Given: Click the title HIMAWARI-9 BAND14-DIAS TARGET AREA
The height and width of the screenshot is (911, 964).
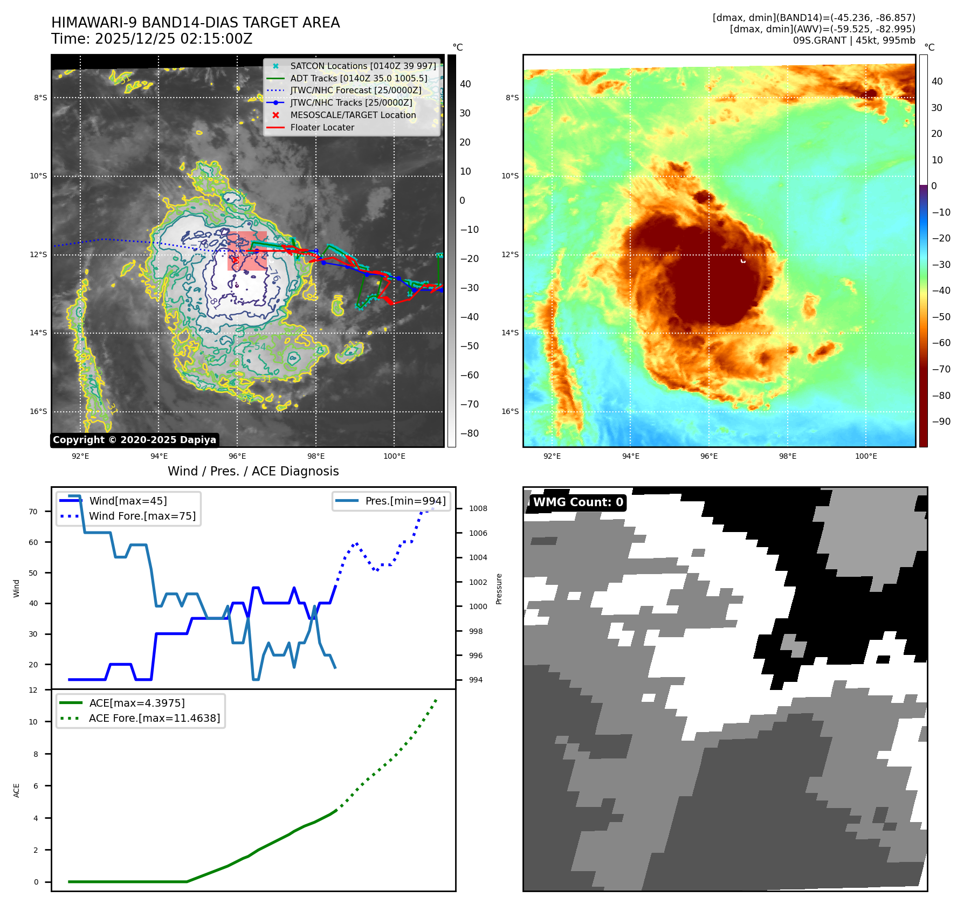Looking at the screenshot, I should pyautogui.click(x=195, y=23).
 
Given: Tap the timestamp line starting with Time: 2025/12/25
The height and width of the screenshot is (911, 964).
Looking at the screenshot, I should pyautogui.click(x=152, y=39).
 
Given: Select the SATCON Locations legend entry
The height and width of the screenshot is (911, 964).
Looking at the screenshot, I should pyautogui.click(x=363, y=66).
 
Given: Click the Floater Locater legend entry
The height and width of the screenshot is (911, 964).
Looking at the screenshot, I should pyautogui.click(x=322, y=127).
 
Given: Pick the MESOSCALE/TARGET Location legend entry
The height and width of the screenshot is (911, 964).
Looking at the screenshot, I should pyautogui.click(x=353, y=115).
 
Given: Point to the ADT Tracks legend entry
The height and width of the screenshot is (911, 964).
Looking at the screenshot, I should pyautogui.click(x=359, y=78).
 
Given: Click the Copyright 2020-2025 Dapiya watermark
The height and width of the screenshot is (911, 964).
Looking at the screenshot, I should pyautogui.click(x=134, y=440).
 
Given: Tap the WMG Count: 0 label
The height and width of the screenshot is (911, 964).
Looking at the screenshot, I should pyautogui.click(x=577, y=502).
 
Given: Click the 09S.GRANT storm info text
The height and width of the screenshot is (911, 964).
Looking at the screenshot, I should pyautogui.click(x=853, y=40).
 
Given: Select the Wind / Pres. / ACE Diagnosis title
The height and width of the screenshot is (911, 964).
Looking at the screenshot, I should pyautogui.click(x=253, y=471).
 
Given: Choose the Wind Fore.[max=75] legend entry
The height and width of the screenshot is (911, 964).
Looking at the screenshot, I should pyautogui.click(x=142, y=516).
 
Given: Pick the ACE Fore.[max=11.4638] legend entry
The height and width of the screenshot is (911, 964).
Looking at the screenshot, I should pyautogui.click(x=154, y=718).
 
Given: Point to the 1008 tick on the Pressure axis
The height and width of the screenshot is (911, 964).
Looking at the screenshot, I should pyautogui.click(x=478, y=508).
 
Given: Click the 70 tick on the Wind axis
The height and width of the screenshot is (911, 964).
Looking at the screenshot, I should pyautogui.click(x=33, y=512).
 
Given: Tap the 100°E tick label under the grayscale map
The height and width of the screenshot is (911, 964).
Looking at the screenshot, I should pyautogui.click(x=394, y=456).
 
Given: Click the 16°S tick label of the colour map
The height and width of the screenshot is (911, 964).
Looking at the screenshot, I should pyautogui.click(x=510, y=411).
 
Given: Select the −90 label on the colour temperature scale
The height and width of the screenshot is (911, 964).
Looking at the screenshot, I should pyautogui.click(x=941, y=422).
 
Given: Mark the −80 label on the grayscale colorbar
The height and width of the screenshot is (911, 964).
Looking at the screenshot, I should pyautogui.click(x=469, y=433).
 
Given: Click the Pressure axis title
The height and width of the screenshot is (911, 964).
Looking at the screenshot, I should pyautogui.click(x=499, y=589).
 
